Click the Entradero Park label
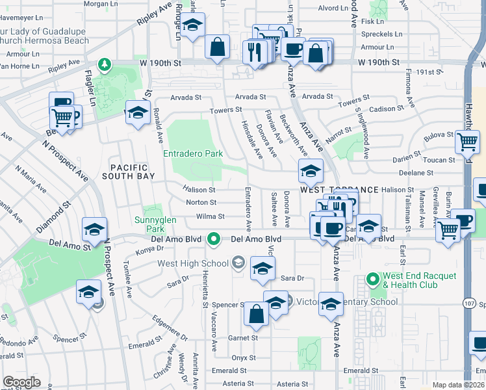193,154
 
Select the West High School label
193,263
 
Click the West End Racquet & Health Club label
420,280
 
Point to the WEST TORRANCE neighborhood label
339,189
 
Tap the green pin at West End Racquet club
373,280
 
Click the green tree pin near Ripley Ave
103,64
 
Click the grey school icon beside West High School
238,263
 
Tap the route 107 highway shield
470,302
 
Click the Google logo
21,383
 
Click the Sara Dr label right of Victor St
292,278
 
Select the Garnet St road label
244,338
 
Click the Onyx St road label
244,357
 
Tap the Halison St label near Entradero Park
199,190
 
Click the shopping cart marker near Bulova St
467,142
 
